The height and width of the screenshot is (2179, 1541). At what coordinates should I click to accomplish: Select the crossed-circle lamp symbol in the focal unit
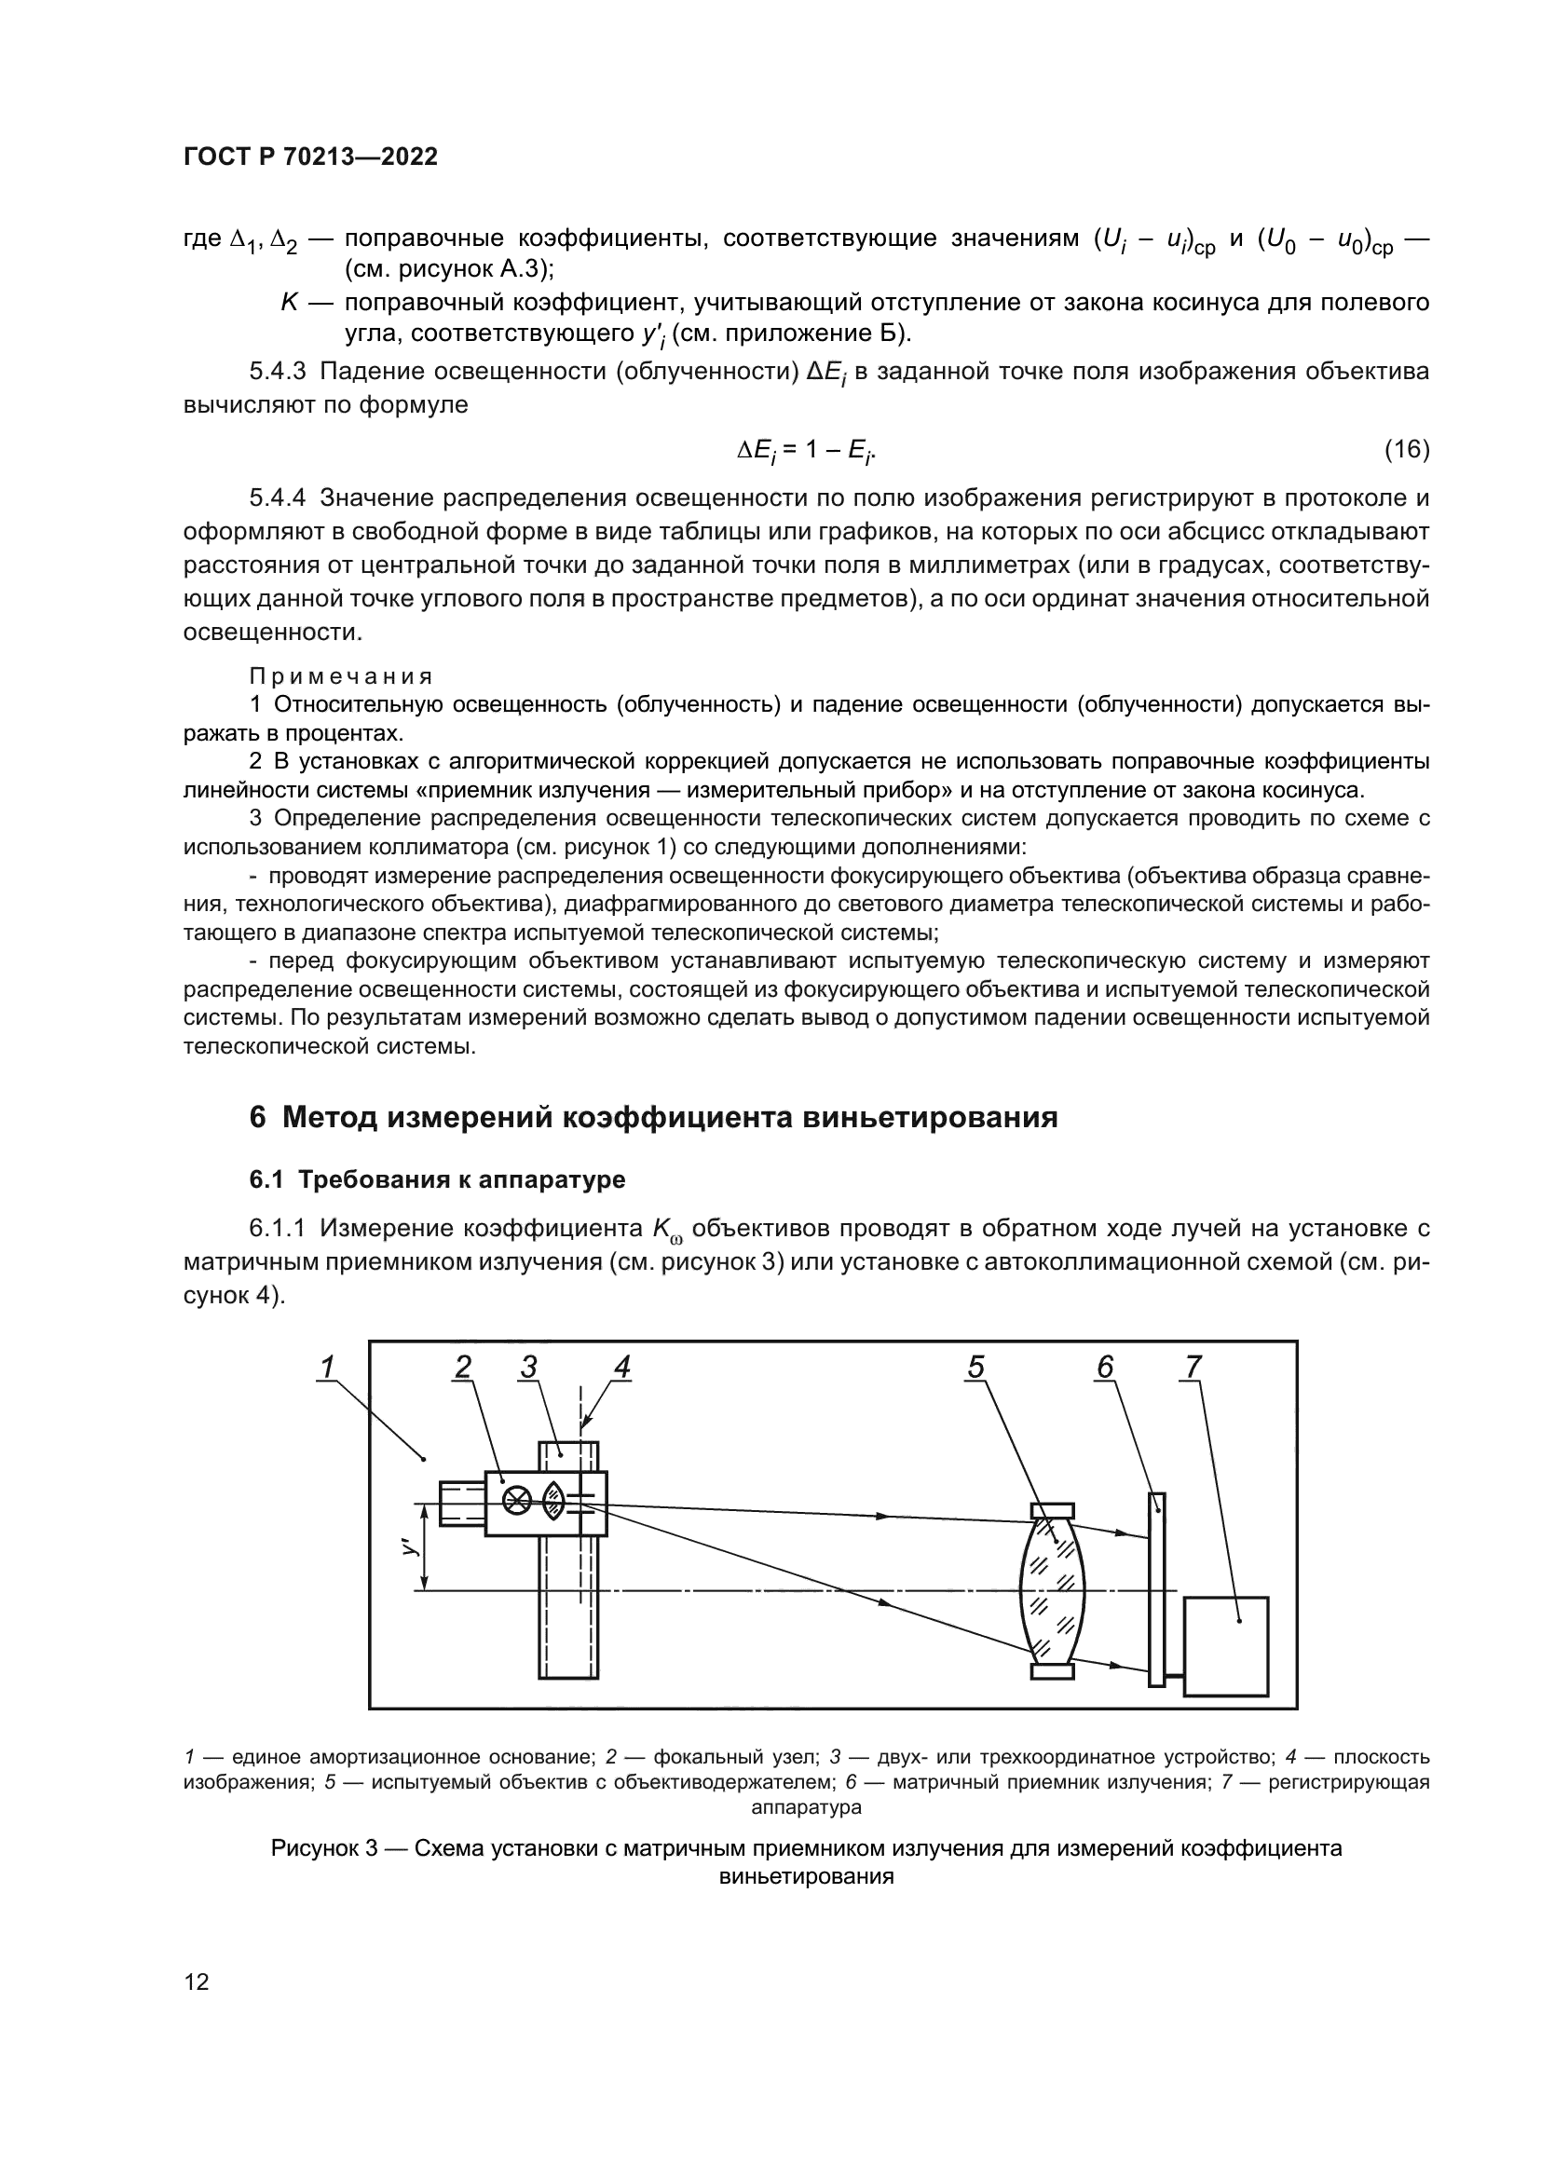point(516,1501)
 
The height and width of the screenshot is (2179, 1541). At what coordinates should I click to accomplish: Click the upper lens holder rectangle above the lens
point(1052,1510)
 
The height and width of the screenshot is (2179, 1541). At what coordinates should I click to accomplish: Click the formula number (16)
point(1406,449)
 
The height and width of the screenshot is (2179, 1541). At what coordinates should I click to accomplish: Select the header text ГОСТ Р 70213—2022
point(310,157)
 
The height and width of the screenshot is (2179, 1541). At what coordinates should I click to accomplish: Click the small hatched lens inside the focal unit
point(554,1501)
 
